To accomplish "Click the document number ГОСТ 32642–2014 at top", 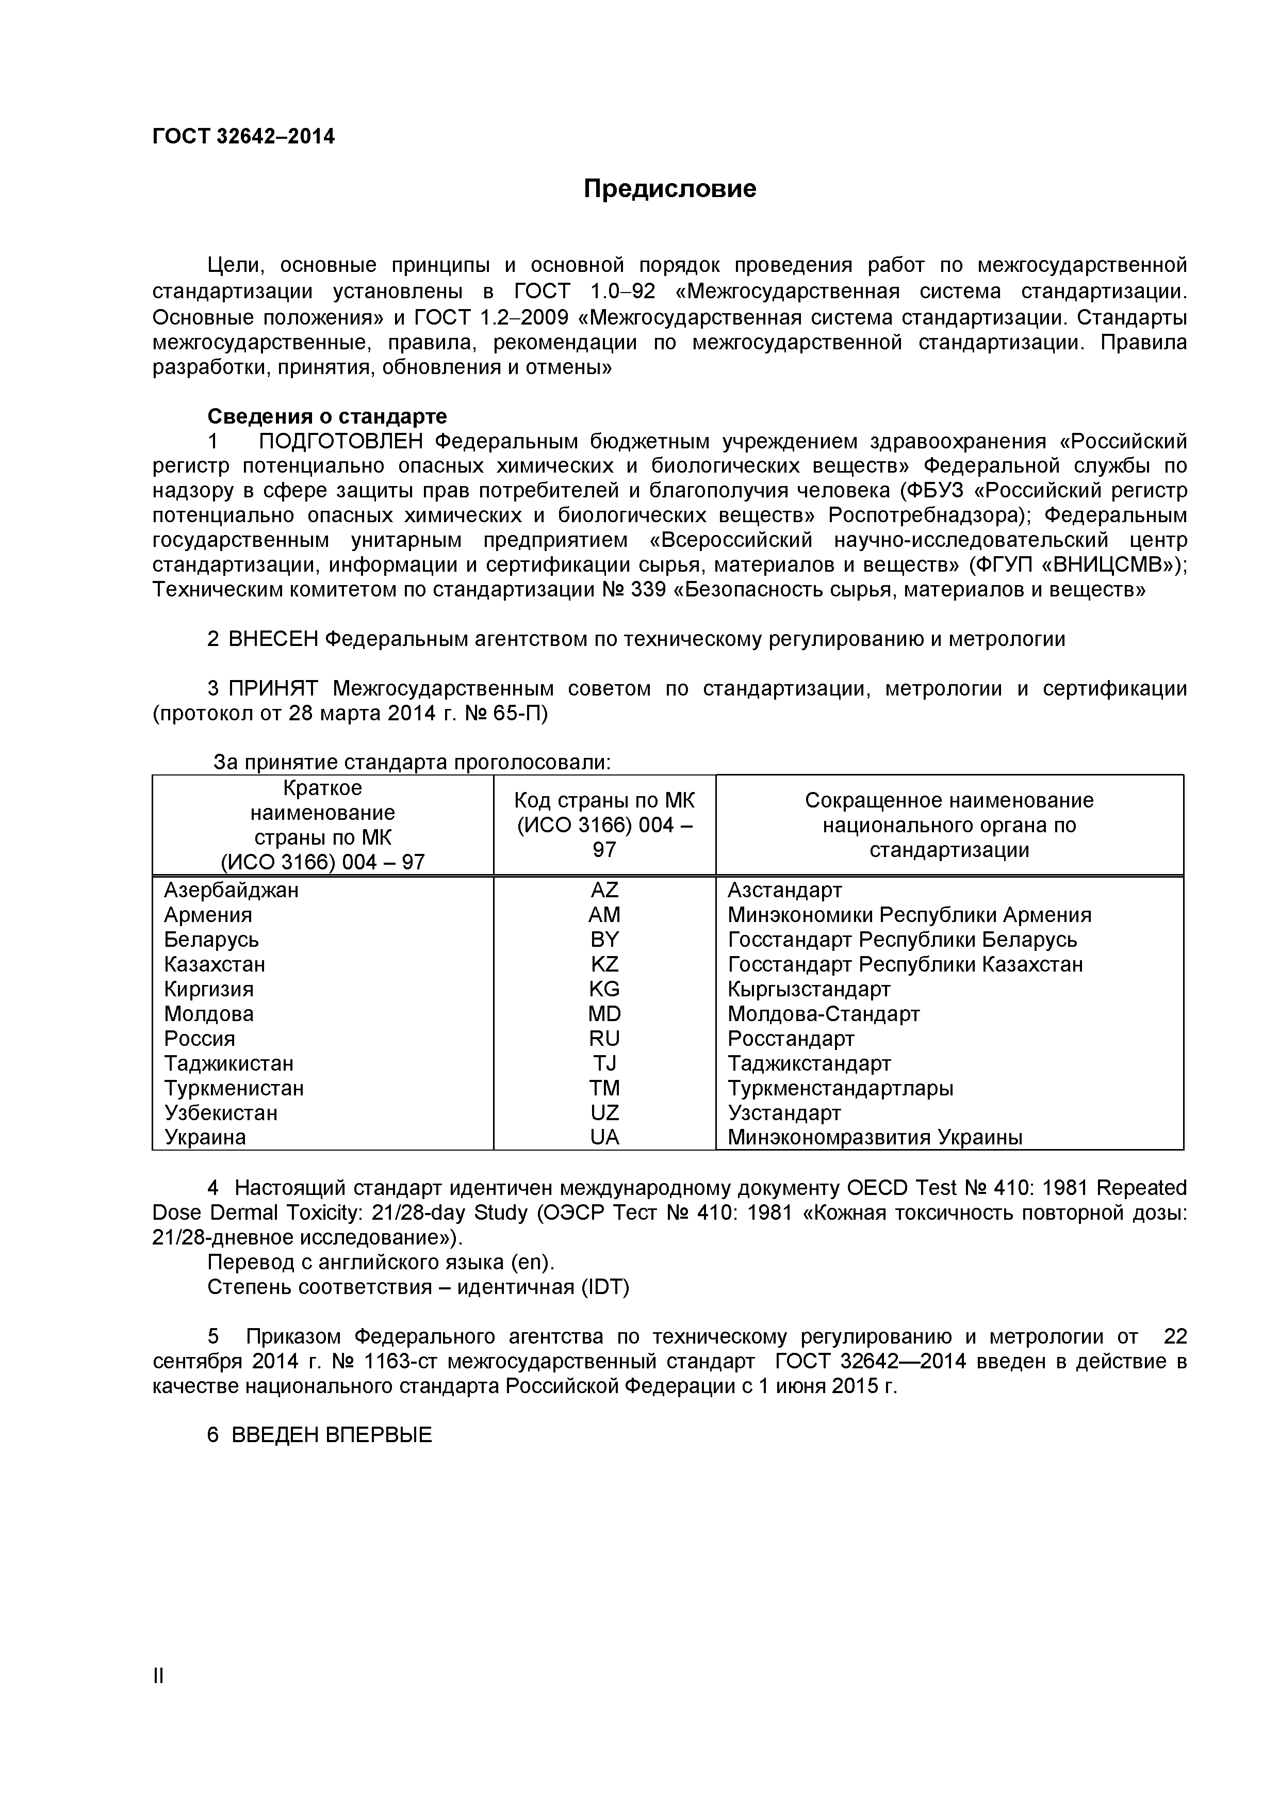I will coord(243,137).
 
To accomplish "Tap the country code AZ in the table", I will coord(604,890).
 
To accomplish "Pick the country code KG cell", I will coord(604,989).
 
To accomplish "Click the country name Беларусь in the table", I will coord(211,940).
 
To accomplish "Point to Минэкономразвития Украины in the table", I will coord(875,1138).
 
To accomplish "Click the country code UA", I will coord(604,1138).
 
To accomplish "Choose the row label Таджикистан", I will coord(228,1063).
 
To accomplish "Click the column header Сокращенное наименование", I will coord(949,800).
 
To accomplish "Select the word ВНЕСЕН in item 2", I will coord(273,639).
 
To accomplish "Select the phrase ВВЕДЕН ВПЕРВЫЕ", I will coord(332,1435).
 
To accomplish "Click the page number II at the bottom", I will coord(158,1698).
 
